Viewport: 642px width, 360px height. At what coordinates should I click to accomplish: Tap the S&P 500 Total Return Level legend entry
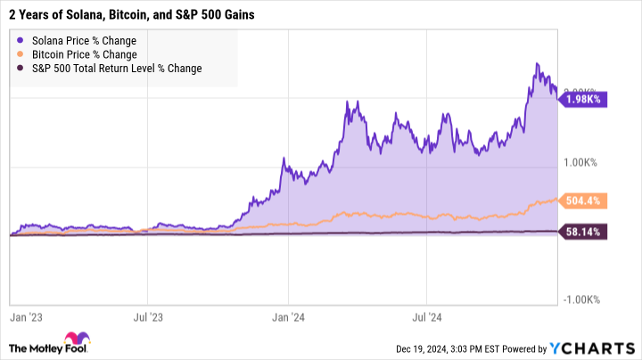click(116, 68)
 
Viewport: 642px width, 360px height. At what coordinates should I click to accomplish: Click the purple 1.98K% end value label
click(583, 99)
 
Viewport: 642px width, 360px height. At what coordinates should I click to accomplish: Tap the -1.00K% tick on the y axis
click(583, 299)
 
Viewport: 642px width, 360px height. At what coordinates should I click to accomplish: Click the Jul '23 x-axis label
click(149, 315)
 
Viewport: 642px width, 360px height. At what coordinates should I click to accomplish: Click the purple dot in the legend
click(21, 41)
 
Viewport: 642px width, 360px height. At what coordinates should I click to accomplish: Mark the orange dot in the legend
click(21, 54)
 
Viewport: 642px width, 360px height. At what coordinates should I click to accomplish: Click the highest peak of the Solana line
click(537, 63)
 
